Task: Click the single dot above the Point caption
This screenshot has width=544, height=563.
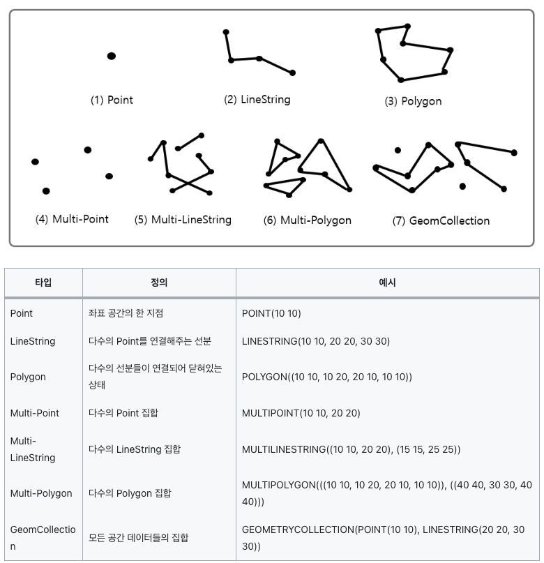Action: pos(112,56)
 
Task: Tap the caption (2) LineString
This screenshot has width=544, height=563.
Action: pos(257,100)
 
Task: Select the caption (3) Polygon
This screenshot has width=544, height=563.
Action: pos(413,101)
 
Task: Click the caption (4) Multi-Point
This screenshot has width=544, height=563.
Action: pos(72,219)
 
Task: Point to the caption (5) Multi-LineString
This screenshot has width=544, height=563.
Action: pos(183,220)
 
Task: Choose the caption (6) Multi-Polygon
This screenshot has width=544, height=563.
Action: pos(307,220)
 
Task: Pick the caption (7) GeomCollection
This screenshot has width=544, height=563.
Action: pos(441,221)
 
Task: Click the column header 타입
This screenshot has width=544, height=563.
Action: pos(43,283)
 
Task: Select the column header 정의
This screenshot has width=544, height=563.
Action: pos(159,283)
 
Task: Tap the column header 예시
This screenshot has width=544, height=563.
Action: pos(387,283)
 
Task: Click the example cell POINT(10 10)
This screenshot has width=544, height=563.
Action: pos(271,313)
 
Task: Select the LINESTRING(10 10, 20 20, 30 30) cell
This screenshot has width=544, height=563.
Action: pos(315,341)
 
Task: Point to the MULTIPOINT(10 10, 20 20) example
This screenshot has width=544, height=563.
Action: pos(301,413)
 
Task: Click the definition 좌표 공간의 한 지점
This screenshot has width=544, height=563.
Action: pos(126,313)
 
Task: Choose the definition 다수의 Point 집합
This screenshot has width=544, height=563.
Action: pos(123,413)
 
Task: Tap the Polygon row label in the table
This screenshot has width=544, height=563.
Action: pos(28,377)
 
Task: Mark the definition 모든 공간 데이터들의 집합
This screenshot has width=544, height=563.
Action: pos(139,538)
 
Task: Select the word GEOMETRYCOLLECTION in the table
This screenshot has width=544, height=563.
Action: pos(298,530)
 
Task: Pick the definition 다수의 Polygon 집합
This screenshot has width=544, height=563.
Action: pos(130,493)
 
